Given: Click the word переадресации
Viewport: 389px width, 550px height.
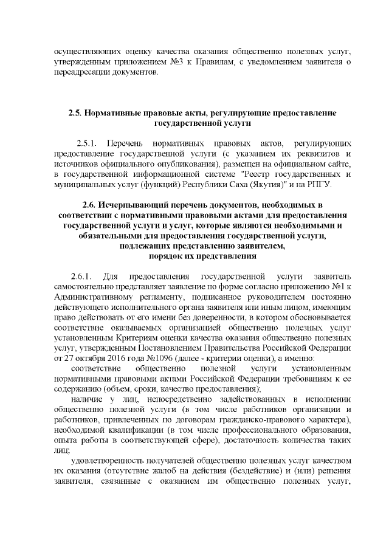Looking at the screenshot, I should pyautogui.click(x=82, y=75).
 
